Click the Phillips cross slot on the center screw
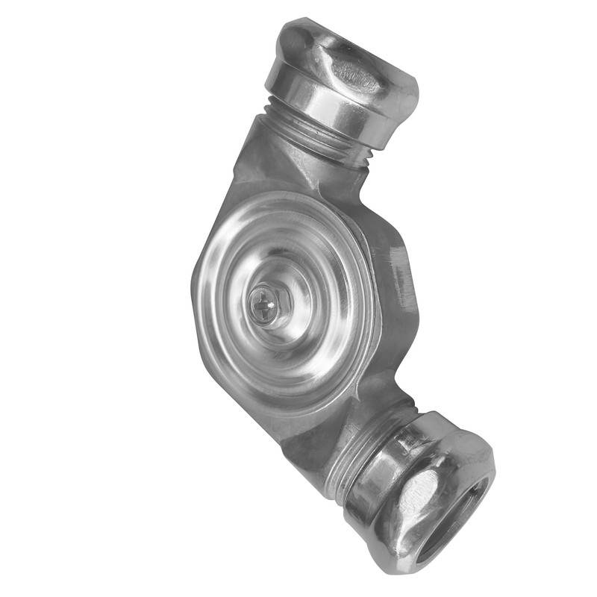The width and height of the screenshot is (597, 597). [263, 304]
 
